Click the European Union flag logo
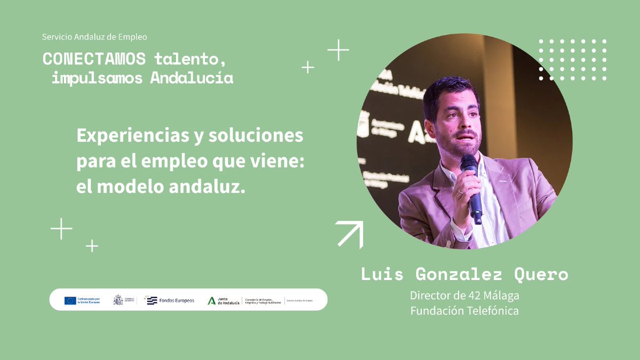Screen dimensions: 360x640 70,300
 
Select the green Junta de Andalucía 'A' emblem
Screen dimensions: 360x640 212,300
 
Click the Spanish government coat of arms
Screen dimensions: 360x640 118,300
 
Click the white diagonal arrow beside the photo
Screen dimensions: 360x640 350,234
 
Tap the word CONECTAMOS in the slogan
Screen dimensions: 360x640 94,58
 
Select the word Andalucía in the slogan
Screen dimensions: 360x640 192,78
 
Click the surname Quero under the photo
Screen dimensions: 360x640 541,275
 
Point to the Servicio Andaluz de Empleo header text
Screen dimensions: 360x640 94,37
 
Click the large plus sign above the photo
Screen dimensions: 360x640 338,50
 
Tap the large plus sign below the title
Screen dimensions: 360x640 61,229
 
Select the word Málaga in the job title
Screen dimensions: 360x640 501,295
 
